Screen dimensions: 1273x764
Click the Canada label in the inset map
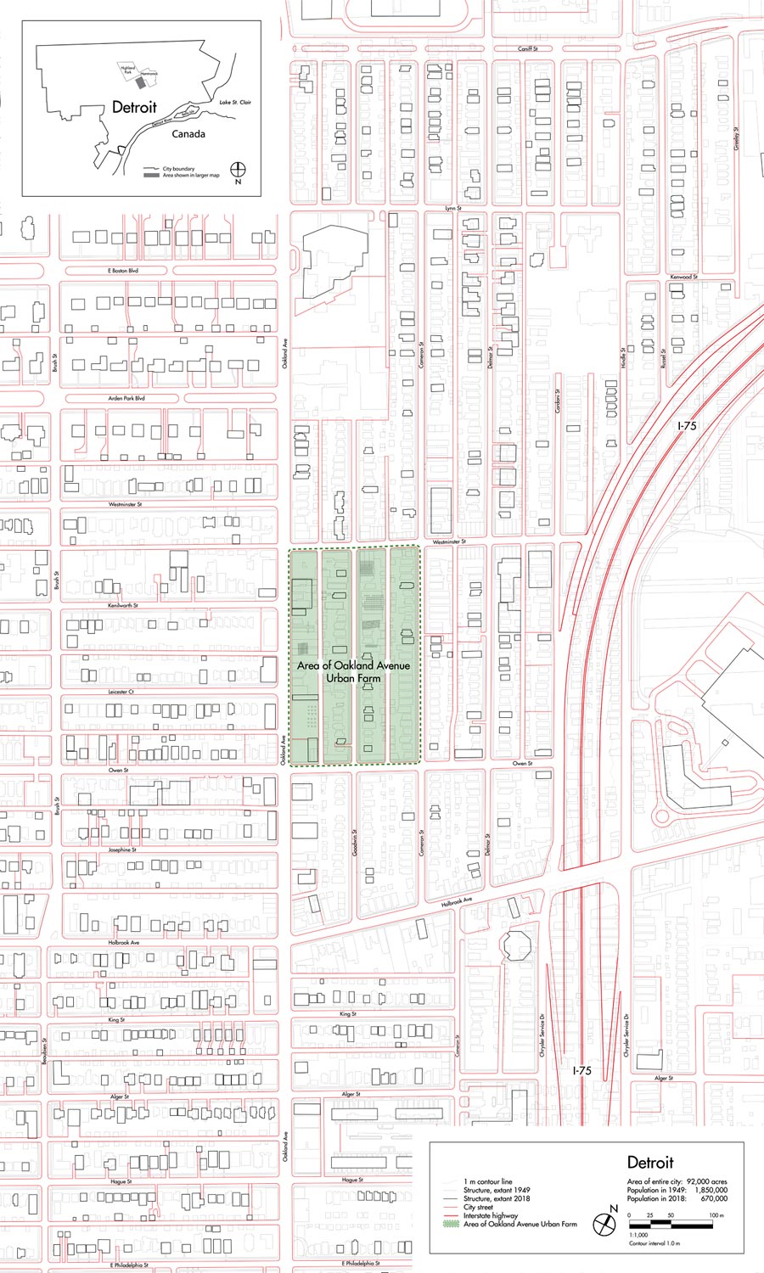188,134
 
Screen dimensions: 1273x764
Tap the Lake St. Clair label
235,103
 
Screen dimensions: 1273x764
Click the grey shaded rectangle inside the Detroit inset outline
141,84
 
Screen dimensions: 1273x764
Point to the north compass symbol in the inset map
238,170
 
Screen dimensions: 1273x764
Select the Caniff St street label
528,49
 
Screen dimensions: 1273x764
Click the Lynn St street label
453,208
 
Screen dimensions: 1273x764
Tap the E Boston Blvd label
123,271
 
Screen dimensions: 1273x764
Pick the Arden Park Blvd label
126,398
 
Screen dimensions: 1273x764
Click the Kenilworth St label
123,606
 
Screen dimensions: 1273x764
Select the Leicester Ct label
121,692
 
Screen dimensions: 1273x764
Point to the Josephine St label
122,850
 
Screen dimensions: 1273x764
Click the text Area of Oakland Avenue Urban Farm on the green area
353,671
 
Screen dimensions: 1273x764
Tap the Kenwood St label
683,278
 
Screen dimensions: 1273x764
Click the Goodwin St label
354,842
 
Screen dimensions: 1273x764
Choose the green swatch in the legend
450,1225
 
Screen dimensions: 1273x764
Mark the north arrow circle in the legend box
604,1225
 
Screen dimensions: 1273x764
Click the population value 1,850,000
711,1191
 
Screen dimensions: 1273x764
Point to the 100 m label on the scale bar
716,1216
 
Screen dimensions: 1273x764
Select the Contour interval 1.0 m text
654,1243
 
